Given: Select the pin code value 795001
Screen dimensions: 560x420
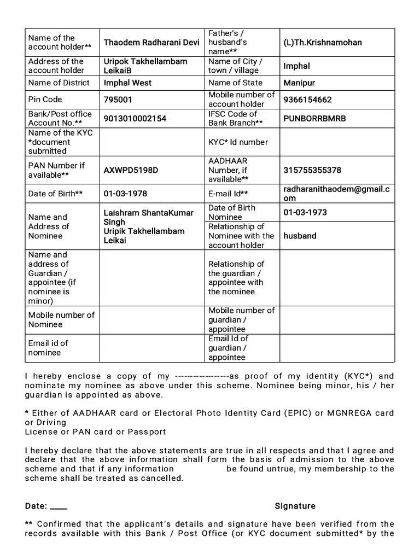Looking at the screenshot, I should click(x=118, y=100).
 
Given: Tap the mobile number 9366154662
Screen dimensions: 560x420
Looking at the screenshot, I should click(x=307, y=100).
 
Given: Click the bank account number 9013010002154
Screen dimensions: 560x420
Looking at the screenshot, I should click(x=135, y=119).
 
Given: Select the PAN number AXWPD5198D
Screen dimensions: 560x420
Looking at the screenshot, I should click(x=131, y=170).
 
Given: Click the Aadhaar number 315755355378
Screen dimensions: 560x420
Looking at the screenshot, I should click(x=312, y=170).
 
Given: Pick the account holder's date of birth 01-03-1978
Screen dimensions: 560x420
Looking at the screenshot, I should click(x=125, y=194).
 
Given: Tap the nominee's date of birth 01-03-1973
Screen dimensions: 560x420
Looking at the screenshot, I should click(x=305, y=212).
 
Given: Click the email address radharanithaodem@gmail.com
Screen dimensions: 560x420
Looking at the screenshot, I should click(x=337, y=194).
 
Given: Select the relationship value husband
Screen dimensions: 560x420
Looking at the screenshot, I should click(x=300, y=236).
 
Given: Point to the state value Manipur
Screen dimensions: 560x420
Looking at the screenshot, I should click(x=300, y=83).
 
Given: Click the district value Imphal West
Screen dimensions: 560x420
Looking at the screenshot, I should click(x=127, y=83).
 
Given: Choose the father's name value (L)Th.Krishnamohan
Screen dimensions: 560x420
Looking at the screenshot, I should click(x=323, y=43).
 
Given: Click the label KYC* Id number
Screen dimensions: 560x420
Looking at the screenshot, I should click(x=238, y=142).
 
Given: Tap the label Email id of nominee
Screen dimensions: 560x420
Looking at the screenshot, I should click(x=48, y=348).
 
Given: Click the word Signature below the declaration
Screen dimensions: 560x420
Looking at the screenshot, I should click(x=295, y=506).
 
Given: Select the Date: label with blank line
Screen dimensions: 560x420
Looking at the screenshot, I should click(x=46, y=506).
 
